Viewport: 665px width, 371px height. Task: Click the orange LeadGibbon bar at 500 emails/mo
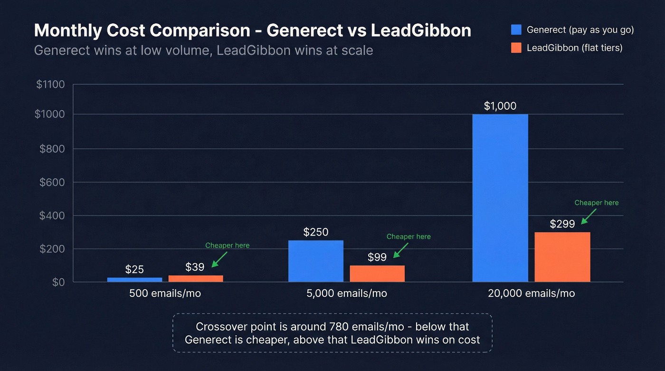click(x=196, y=278)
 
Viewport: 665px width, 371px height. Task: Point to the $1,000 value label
click(x=500, y=106)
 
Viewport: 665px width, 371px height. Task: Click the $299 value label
click(x=562, y=224)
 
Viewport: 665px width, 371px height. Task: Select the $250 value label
click(x=316, y=232)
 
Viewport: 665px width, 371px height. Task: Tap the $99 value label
click(x=377, y=257)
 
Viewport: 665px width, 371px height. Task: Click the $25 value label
click(x=134, y=269)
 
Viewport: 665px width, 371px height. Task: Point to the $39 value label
click(x=195, y=267)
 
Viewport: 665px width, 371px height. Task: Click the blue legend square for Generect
click(x=516, y=30)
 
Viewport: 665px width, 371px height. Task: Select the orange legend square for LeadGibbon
click(x=516, y=48)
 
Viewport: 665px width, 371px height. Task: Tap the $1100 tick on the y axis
click(x=50, y=85)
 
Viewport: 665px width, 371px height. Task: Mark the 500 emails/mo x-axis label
click(x=165, y=294)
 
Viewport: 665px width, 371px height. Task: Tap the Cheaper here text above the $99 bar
click(x=408, y=237)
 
